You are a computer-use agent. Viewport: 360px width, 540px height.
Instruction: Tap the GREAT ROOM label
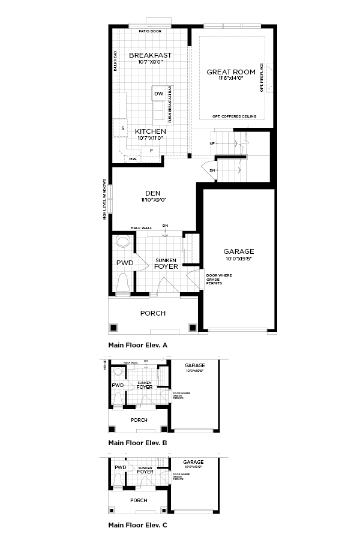231,71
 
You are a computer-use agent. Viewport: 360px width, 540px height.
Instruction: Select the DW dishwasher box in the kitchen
158,94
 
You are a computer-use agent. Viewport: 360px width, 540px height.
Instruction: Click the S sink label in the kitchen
122,128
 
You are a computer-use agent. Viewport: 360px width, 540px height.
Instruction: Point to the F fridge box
151,151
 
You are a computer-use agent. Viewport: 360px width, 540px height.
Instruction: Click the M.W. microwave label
132,159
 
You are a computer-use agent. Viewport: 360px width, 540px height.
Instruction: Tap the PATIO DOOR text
149,30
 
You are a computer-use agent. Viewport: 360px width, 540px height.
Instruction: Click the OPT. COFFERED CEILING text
235,116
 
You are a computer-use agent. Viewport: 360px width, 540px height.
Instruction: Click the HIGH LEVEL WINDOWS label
104,200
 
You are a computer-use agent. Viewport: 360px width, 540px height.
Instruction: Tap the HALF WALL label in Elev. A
142,228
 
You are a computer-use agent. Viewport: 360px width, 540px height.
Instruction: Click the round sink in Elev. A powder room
123,243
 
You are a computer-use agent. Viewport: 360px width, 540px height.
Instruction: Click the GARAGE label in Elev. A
238,251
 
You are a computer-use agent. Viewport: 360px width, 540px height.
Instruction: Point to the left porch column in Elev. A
114,328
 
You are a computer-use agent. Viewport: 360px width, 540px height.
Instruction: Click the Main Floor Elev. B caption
137,443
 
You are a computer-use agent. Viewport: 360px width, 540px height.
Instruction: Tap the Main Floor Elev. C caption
137,525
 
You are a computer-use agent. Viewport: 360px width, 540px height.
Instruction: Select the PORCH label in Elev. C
139,500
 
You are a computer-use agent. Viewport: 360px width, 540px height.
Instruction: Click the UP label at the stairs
212,143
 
